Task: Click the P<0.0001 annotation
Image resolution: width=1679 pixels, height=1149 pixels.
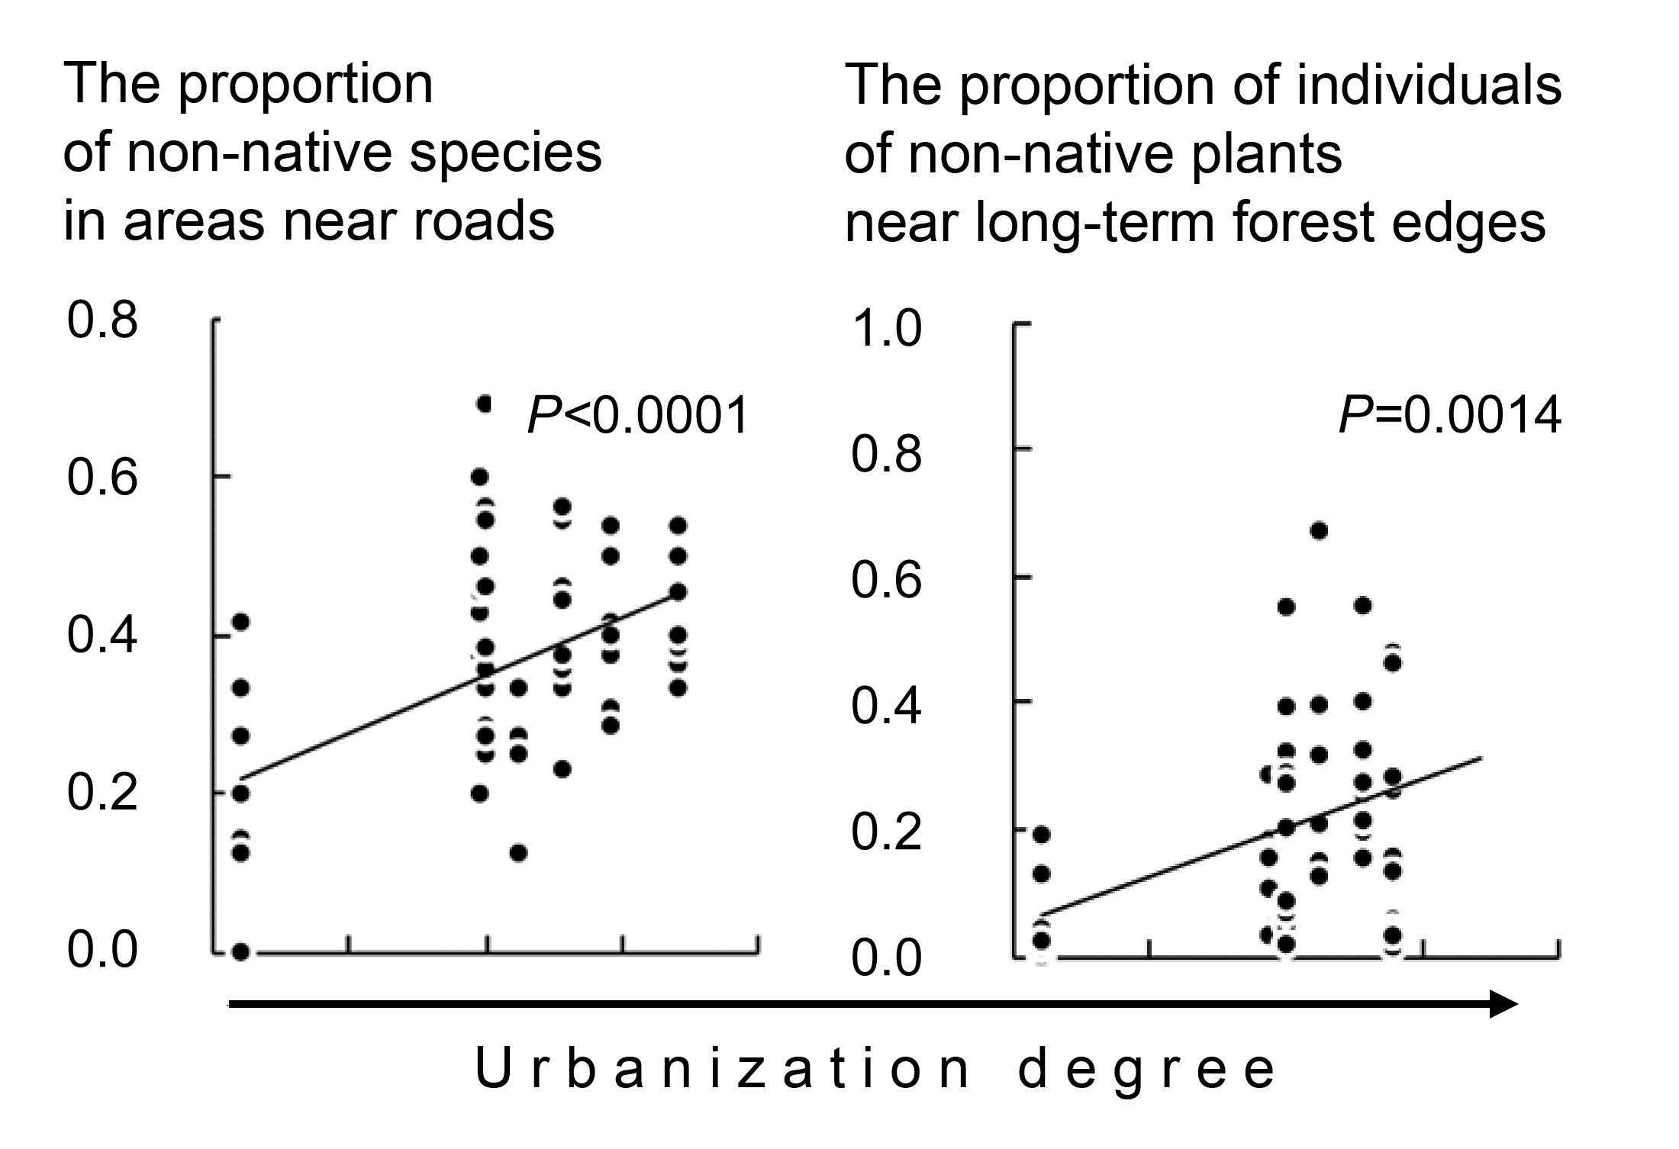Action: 638,417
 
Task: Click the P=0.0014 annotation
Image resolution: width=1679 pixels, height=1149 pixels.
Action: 1450,417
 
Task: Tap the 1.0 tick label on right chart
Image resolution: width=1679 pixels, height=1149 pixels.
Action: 886,330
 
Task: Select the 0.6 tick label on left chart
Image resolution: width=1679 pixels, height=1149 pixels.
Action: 102,478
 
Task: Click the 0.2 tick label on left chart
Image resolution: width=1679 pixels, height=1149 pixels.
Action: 102,793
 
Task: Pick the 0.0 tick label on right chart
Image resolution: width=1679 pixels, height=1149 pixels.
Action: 886,959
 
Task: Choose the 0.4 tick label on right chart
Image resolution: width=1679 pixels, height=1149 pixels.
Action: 886,706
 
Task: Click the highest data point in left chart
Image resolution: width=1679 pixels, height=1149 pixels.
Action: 483,404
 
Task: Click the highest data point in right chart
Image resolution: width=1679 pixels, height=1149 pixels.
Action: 1318,530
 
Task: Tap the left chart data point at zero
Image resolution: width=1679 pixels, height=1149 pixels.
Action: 241,951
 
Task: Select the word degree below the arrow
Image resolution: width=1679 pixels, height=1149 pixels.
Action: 1146,1070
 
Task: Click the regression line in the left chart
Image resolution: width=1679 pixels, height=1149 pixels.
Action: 458,686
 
